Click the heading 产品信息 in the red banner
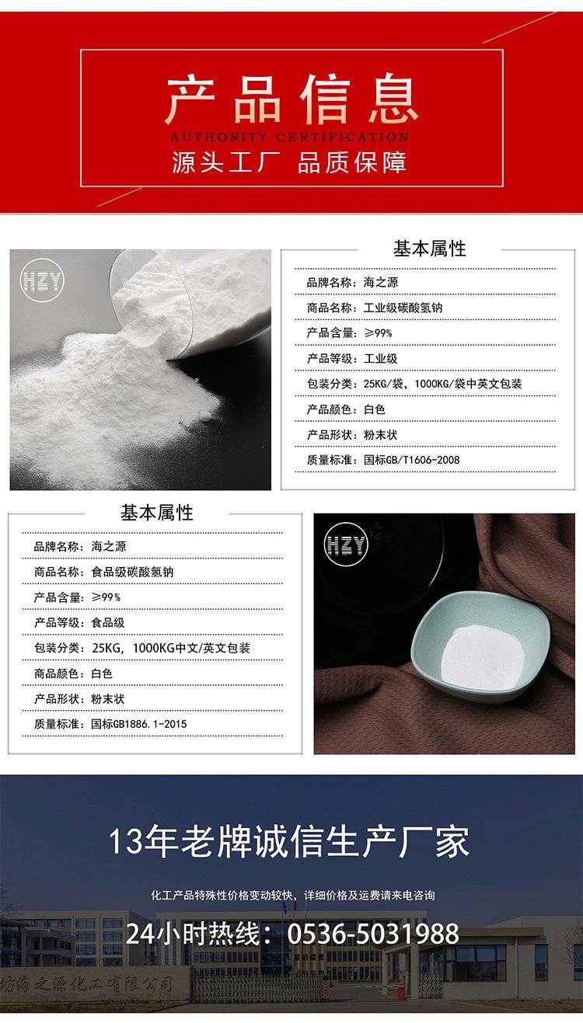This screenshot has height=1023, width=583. coord(291,99)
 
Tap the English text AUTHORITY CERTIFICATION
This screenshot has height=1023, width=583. coord(290,137)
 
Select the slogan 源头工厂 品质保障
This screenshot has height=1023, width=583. coord(289,162)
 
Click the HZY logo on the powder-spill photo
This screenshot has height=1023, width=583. coord(42,280)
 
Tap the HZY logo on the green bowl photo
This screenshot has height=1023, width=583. coord(346,545)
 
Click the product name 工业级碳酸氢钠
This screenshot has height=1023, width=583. coord(403,308)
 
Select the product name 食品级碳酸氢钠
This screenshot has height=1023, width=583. coord(132,572)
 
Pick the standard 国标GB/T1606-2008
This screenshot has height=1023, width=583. coord(412,460)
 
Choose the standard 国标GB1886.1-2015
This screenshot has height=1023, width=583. coord(139,724)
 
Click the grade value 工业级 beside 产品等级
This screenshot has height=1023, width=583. coord(381,359)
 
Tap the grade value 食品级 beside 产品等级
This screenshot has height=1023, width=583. coord(108,622)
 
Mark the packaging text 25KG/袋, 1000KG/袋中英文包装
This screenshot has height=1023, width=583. coord(443,384)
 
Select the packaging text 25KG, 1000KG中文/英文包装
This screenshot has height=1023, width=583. coord(171,648)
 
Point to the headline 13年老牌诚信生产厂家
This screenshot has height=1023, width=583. coord(289,842)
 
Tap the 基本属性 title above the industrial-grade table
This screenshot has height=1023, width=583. coord(430,249)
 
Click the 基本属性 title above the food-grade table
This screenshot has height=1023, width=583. coord(157,513)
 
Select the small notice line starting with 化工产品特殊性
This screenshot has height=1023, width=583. coord(293,895)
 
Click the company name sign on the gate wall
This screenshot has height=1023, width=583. coord(87,983)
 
